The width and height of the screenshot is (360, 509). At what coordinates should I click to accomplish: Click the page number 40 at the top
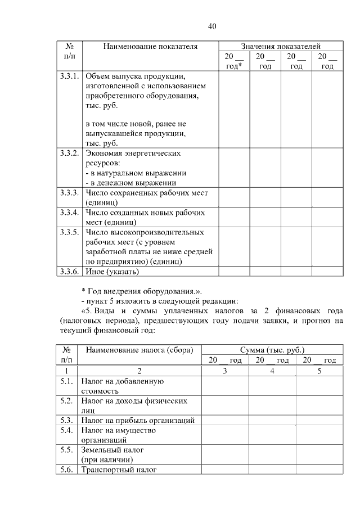211,26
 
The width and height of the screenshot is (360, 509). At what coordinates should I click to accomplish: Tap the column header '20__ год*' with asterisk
234,61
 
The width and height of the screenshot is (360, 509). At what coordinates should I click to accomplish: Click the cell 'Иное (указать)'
111,272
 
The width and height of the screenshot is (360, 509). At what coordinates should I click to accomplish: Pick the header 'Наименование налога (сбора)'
139,350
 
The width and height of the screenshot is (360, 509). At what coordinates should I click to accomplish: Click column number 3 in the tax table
225,371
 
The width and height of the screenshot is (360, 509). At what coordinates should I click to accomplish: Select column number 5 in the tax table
319,371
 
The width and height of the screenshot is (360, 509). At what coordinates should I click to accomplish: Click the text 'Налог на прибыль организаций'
138,420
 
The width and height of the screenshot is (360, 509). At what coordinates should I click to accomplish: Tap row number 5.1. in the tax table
66,381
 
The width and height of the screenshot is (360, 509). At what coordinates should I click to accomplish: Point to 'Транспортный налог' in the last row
119,470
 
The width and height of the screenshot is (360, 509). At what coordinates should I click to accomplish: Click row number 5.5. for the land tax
66,451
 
